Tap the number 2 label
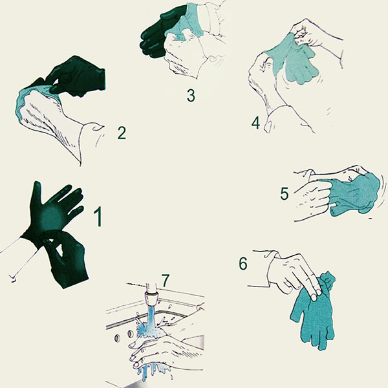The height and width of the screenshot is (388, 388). (x=121, y=133)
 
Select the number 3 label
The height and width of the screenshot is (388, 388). (x=190, y=95)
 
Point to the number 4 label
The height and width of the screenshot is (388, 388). (x=255, y=122)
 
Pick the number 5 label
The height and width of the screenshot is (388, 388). (x=284, y=193)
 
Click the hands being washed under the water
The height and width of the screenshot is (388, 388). (x=162, y=349)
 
